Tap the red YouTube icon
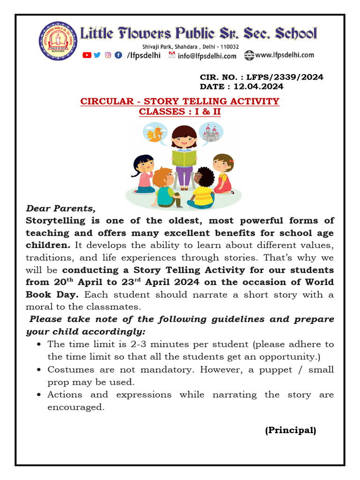[87, 55]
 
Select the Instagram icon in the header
[107, 55]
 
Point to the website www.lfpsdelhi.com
[285, 55]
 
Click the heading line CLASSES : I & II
[180, 112]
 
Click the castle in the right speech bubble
[210, 133]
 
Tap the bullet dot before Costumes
[40, 370]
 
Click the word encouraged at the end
[75, 407]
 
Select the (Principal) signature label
[290, 430]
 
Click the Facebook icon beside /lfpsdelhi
[118, 55]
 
